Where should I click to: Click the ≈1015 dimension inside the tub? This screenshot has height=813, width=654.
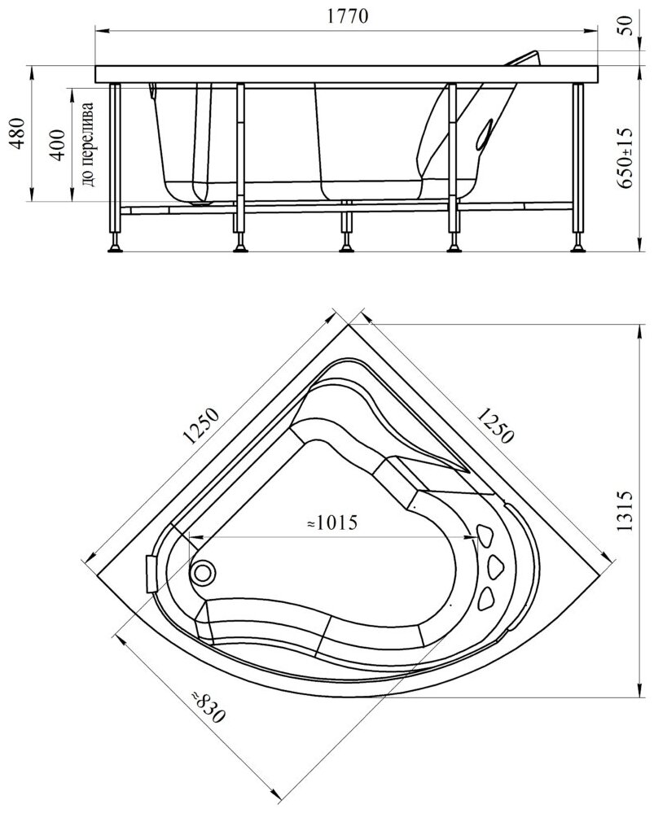pyautogui.click(x=331, y=522)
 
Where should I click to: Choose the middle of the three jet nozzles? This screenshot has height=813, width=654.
pyautogui.click(x=494, y=566)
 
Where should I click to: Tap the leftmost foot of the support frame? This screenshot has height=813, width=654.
pyautogui.click(x=113, y=242)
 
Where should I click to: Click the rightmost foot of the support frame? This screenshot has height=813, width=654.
pyautogui.click(x=579, y=242)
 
